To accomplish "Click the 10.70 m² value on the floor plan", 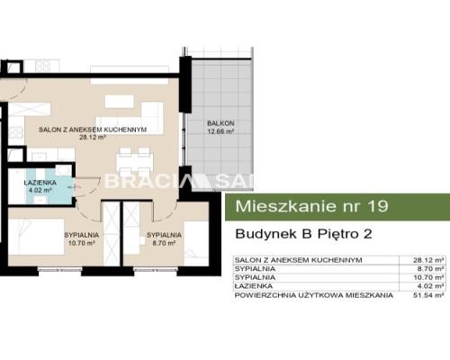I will point(81,242).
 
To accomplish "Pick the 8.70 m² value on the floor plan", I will point(165,242).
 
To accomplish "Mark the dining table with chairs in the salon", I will point(135,161).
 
